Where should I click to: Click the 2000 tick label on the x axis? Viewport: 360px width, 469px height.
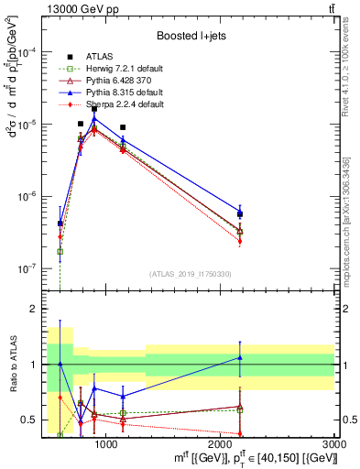tap(221, 444)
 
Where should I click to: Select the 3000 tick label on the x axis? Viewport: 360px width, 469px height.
tap(335, 444)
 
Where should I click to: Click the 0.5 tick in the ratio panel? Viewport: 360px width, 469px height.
tap(29, 420)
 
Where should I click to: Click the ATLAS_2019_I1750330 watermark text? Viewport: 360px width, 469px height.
tap(191, 274)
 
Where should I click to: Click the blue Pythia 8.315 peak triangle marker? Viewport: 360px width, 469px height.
tap(94, 119)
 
